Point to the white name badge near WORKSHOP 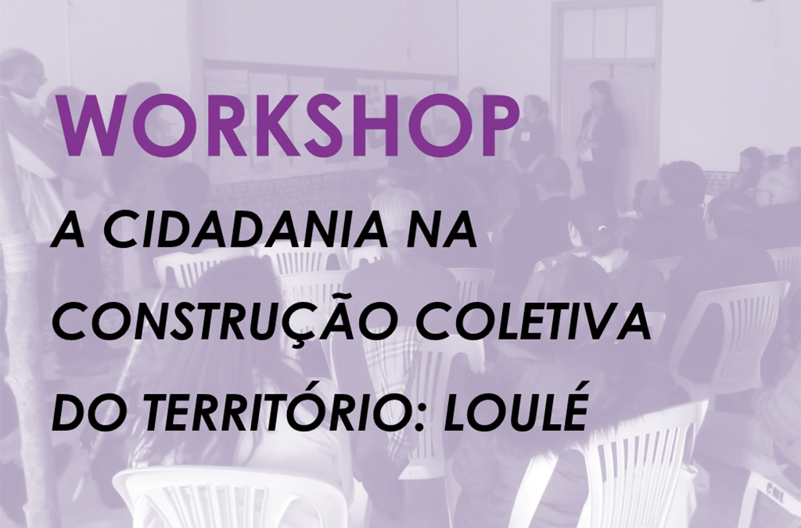[526, 136]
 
